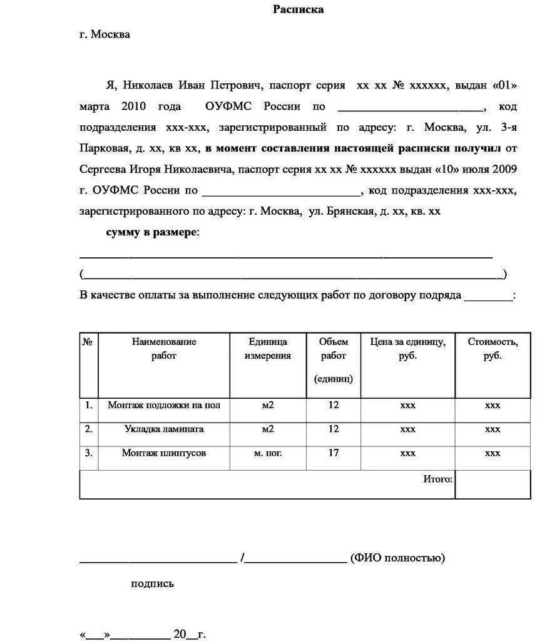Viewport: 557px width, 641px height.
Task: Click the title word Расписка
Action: click(x=299, y=9)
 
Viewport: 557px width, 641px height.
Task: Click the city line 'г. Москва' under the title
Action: click(x=105, y=34)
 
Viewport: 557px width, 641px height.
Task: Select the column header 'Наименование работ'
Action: click(x=164, y=349)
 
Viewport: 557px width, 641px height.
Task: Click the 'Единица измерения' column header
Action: click(x=268, y=349)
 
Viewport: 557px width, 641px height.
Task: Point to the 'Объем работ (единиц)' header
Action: click(x=333, y=360)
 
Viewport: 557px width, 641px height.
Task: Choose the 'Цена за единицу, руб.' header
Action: click(x=407, y=349)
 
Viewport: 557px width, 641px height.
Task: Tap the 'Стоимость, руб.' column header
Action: click(x=493, y=349)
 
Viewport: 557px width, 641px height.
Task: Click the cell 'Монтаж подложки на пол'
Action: click(x=164, y=405)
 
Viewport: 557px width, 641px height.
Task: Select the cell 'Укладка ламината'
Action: click(x=164, y=429)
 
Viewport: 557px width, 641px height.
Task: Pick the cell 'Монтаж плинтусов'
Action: click(x=164, y=453)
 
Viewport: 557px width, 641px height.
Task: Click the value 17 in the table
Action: click(x=333, y=453)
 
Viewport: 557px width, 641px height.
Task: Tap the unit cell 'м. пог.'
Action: click(x=268, y=453)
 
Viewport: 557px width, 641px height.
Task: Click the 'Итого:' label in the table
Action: click(x=437, y=479)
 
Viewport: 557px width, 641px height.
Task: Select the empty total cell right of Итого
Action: click(x=493, y=485)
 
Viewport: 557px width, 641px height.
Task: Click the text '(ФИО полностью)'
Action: click(x=397, y=557)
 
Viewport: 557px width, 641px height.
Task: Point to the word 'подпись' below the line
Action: click(x=152, y=583)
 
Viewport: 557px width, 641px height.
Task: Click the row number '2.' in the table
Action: click(x=89, y=429)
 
